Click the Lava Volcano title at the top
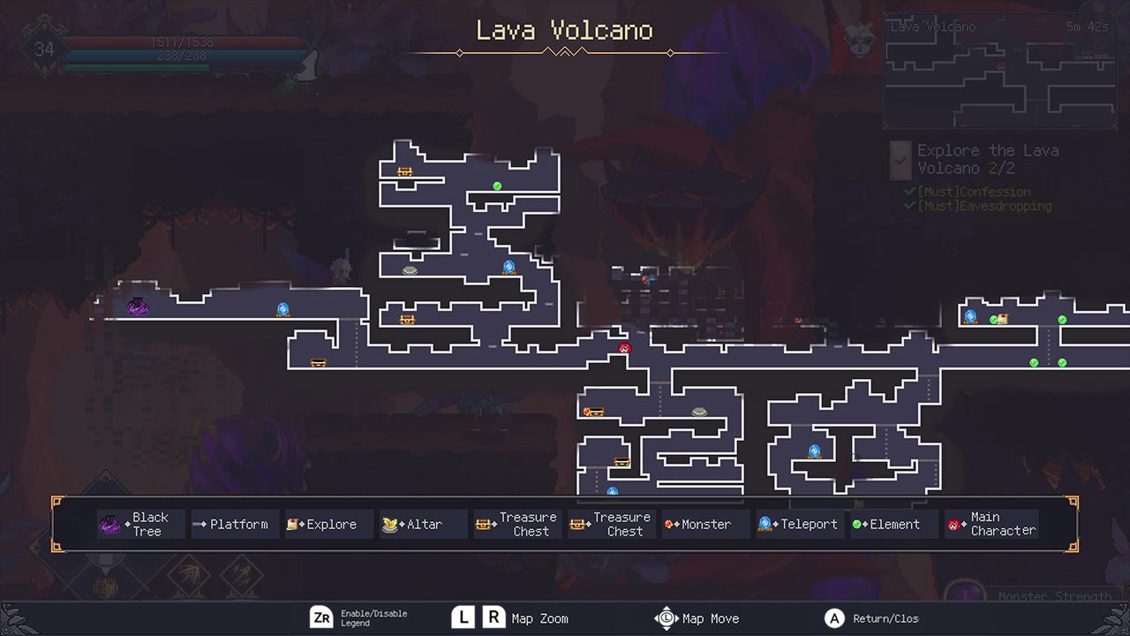point(564,31)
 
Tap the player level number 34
point(44,49)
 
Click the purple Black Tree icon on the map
point(137,307)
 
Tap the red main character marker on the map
point(625,348)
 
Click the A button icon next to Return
point(833,618)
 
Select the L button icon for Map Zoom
point(463,617)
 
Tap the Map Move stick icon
point(666,618)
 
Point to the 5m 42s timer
point(1086,27)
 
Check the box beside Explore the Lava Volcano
point(900,160)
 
